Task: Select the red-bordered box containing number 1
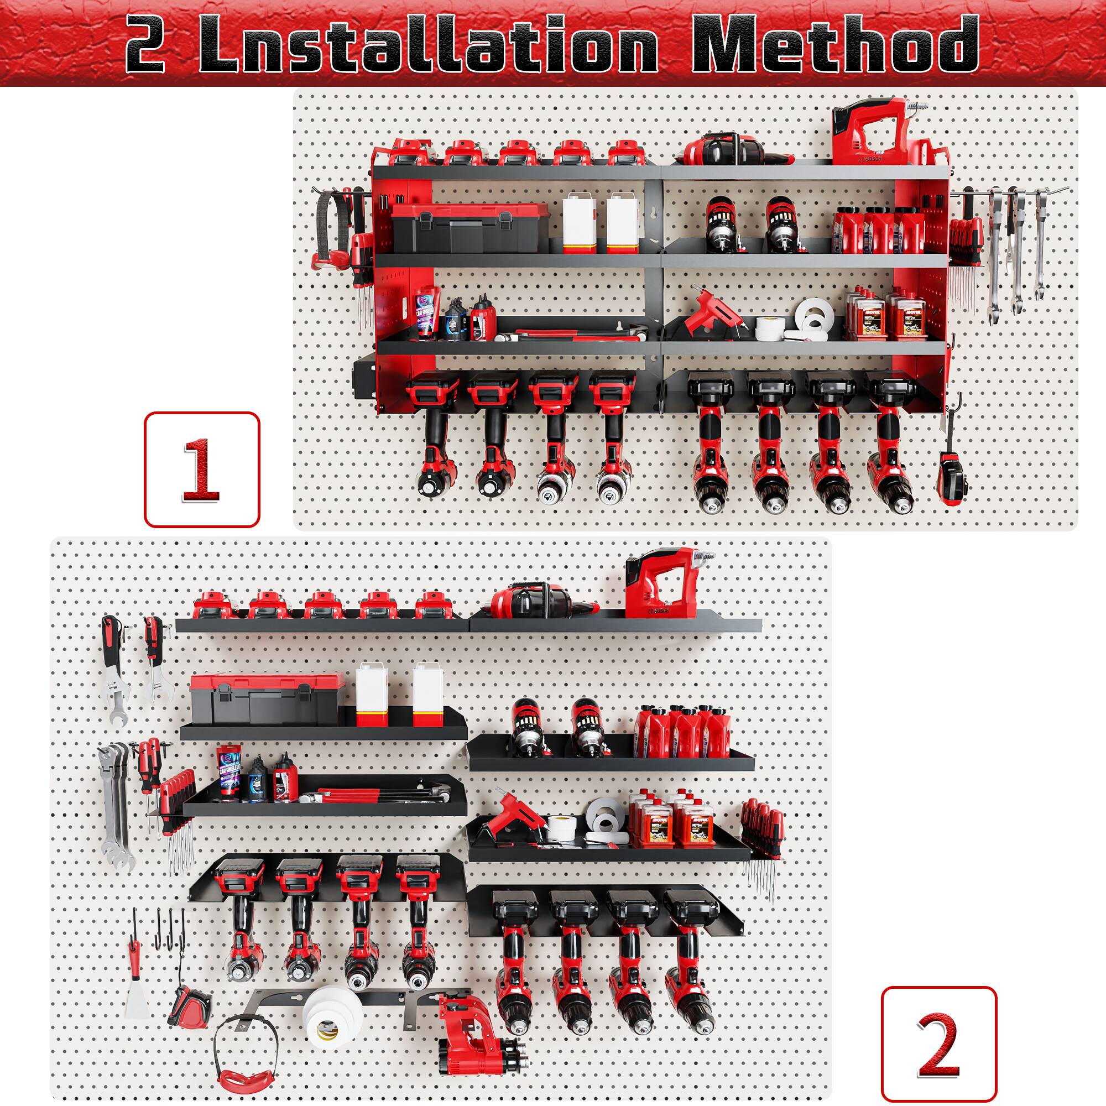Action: (x=201, y=469)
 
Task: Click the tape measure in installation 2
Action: (x=190, y=996)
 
